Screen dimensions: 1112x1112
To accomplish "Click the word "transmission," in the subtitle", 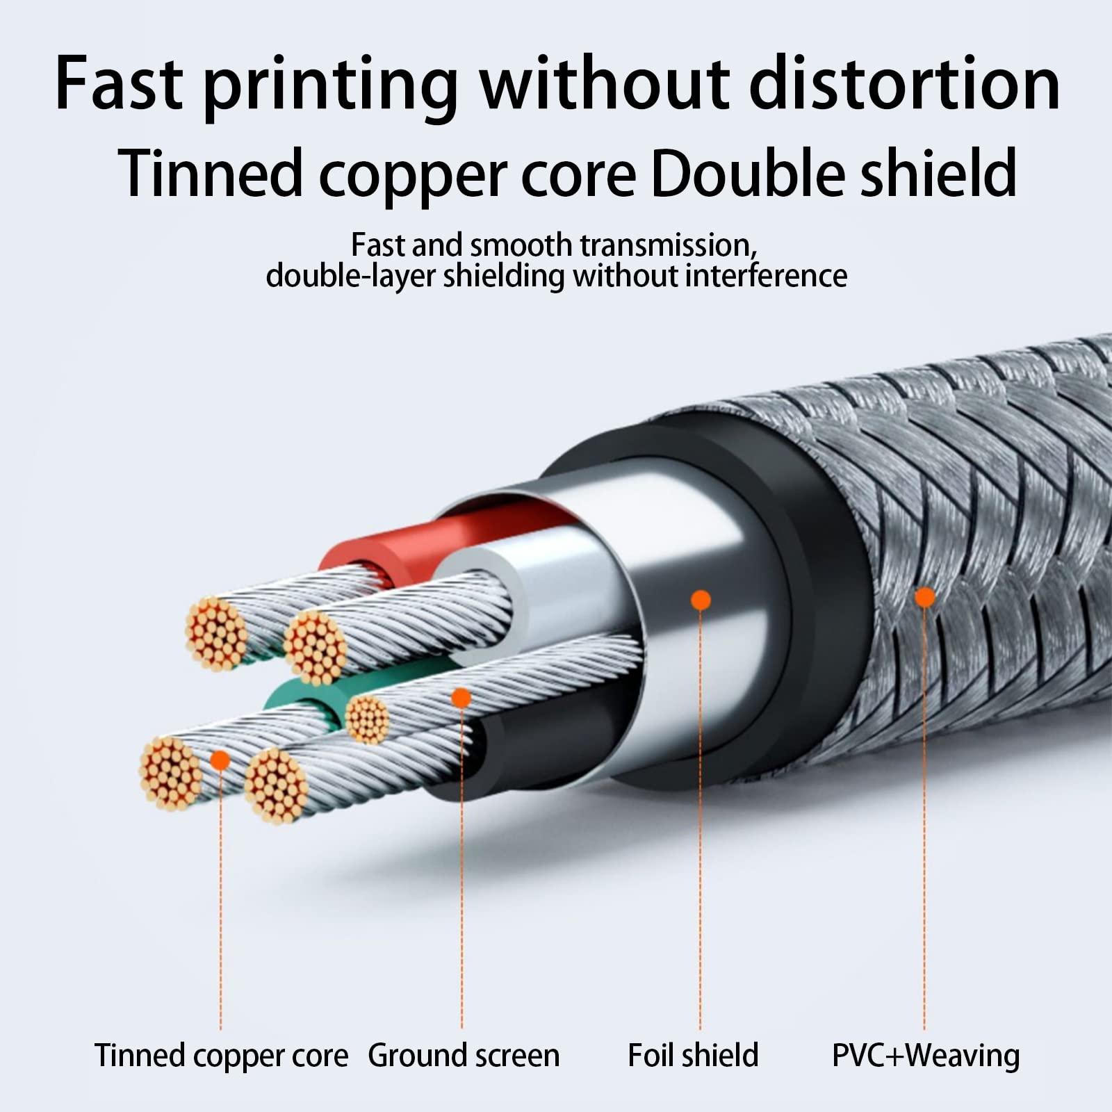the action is click(668, 246).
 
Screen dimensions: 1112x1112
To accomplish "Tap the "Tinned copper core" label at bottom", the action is click(222, 1056).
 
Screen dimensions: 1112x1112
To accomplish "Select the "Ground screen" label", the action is click(464, 1056).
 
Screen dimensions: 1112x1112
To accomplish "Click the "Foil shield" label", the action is click(693, 1054).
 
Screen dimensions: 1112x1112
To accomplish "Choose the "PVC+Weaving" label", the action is click(926, 1055).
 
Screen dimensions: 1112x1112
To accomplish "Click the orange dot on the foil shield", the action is click(701, 600).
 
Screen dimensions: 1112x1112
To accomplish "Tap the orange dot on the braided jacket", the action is click(924, 597).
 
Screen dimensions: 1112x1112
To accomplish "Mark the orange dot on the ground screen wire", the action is click(461, 698).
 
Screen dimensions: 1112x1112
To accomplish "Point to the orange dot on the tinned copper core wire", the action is click(220, 760).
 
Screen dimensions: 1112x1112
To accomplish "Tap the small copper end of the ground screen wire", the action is click(366, 719).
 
